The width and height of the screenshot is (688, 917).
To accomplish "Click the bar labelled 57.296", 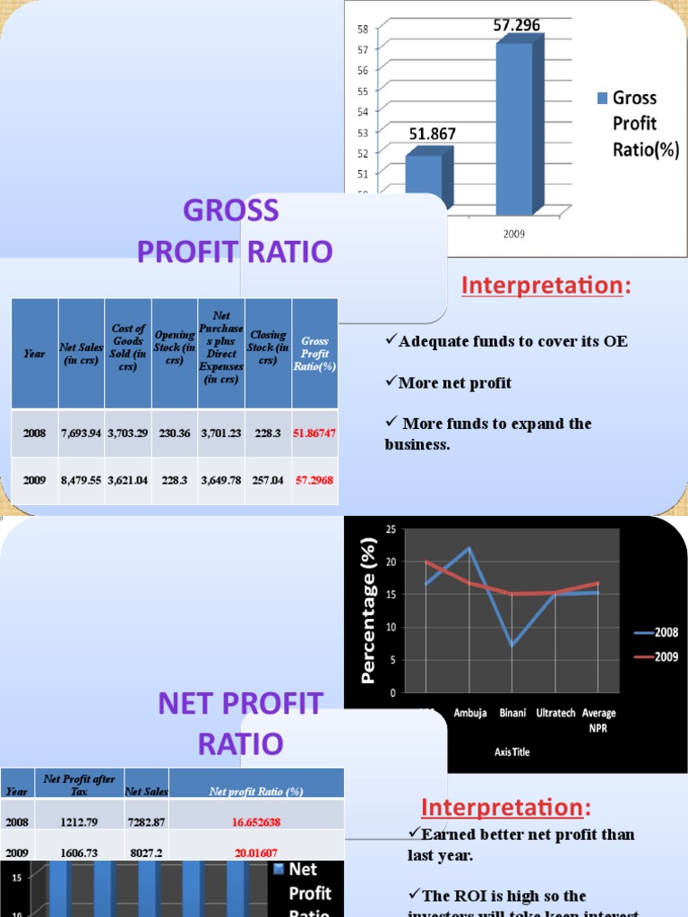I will [x=513, y=125].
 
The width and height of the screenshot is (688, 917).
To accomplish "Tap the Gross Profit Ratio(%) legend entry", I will [x=635, y=124].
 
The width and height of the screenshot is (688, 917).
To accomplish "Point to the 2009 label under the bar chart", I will [x=513, y=235].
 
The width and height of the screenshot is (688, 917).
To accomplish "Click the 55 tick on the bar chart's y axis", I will [x=361, y=90].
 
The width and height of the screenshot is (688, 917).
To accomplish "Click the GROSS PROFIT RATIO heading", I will [x=234, y=231].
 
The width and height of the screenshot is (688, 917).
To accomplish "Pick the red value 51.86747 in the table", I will [x=314, y=433].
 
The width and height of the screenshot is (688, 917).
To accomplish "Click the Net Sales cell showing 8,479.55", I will [x=82, y=480].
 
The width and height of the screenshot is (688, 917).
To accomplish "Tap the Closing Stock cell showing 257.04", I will [x=268, y=480].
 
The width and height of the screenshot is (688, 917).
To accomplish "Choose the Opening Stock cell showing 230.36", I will [x=175, y=433].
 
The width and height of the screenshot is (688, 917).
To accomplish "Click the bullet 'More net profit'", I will [x=455, y=383].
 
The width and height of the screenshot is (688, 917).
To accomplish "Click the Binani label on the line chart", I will [x=512, y=713].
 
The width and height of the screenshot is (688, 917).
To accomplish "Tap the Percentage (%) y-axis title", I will [x=367, y=611].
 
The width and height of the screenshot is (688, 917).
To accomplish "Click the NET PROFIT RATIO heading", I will [x=239, y=724].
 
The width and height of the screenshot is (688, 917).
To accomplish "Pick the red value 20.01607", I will [x=256, y=853].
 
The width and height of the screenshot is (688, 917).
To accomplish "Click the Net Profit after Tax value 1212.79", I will [x=79, y=821].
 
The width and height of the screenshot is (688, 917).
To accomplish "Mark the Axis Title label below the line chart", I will [x=512, y=752].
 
